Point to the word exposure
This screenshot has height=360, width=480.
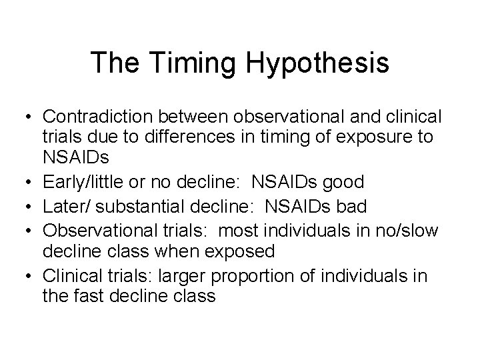tap(375, 139)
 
